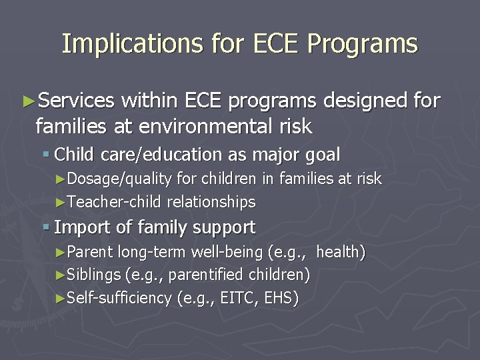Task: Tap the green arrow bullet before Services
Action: pyautogui.click(x=29, y=101)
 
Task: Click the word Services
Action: pyautogui.click(x=76, y=101)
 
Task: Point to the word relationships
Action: pyautogui.click(x=211, y=201)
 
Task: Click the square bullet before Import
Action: pyautogui.click(x=45, y=227)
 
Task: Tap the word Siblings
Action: pyautogui.click(x=94, y=275)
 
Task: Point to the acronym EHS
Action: pyautogui.click(x=280, y=298)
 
